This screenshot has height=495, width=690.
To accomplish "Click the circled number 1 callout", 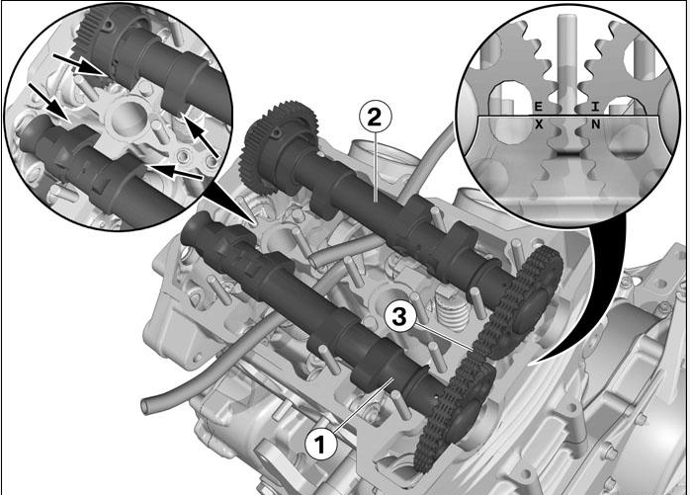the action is (x=320, y=444).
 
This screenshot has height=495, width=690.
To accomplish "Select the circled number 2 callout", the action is (x=375, y=117).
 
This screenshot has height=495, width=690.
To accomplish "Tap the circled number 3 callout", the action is (x=398, y=317).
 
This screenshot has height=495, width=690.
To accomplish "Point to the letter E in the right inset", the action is (x=538, y=106).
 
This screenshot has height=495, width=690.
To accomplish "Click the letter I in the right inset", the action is (x=595, y=106).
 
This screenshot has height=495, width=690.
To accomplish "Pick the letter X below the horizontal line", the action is (x=539, y=124).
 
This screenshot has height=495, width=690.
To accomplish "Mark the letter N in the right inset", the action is (x=596, y=124).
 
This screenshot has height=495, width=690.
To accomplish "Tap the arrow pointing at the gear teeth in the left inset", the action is (x=80, y=65).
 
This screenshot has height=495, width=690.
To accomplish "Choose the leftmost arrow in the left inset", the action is (x=47, y=101).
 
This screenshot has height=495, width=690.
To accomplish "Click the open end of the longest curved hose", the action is (x=145, y=405).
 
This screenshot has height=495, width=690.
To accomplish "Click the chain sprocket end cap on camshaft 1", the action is (x=468, y=418).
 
